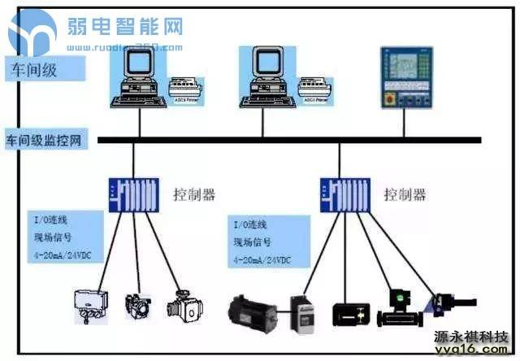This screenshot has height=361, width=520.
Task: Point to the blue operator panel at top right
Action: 403,77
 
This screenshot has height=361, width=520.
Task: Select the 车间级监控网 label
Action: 45,140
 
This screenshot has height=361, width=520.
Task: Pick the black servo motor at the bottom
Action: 254,311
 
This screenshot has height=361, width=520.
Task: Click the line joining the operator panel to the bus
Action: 403,122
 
